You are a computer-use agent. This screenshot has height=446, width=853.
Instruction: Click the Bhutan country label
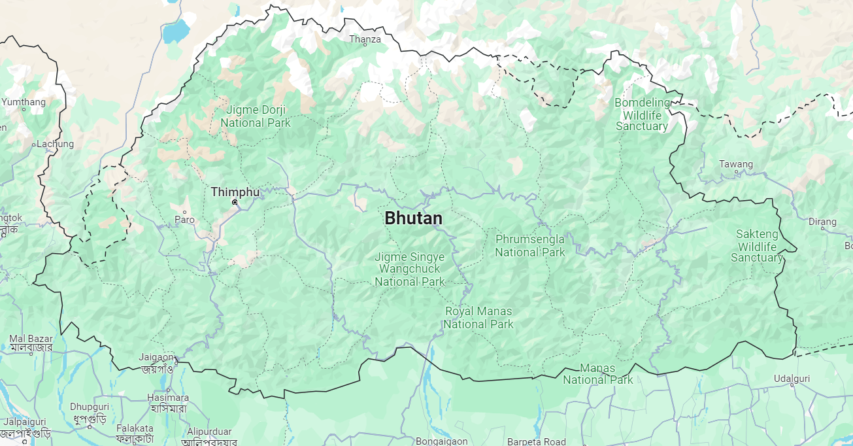[x=413, y=218]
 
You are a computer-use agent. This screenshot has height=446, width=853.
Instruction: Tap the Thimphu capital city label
[x=235, y=192]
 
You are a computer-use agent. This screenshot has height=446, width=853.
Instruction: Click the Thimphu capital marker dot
[x=235, y=203]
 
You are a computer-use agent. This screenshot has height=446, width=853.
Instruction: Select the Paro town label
[x=184, y=220]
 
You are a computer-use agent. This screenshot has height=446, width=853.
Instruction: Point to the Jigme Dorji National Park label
[x=256, y=116]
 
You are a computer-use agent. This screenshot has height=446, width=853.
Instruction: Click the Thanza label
[x=365, y=39]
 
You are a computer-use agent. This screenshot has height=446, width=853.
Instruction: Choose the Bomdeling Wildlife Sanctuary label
[x=642, y=114]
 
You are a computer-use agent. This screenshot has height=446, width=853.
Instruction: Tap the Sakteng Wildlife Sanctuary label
[x=757, y=245]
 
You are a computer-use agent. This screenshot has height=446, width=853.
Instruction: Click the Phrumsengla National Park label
[x=529, y=245]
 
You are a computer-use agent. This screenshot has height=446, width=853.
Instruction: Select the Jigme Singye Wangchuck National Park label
[x=409, y=269]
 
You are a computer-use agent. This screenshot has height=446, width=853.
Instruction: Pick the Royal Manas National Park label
[x=478, y=317]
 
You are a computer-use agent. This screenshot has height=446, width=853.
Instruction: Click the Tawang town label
[x=736, y=164]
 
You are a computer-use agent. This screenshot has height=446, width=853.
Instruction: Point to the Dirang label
[x=822, y=222]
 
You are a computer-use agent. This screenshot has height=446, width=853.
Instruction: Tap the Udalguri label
[x=792, y=379]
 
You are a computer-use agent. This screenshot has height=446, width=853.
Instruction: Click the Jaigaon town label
[x=156, y=357]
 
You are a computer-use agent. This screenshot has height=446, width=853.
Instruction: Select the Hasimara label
[x=168, y=398]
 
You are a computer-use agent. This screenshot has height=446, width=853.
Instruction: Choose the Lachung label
[x=55, y=144]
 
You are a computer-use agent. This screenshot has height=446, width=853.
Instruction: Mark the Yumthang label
[x=24, y=102]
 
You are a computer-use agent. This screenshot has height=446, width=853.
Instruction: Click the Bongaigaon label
[x=441, y=441]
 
